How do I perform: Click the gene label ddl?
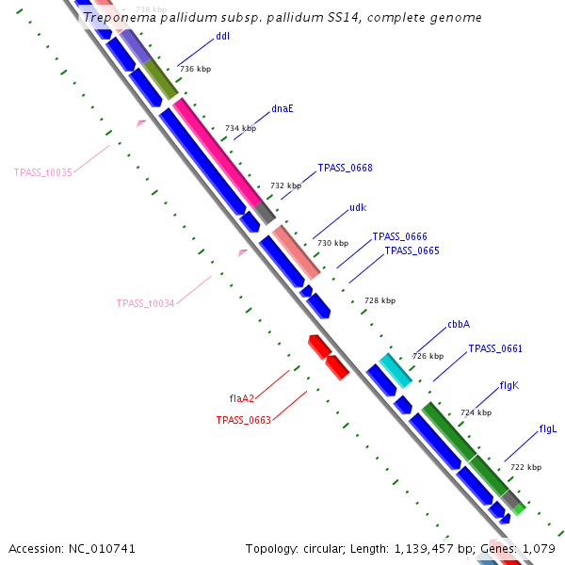click(222, 37)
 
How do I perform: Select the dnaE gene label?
click(282, 108)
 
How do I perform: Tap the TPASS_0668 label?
click(345, 169)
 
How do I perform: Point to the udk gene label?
click(358, 208)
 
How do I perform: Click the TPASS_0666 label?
click(399, 237)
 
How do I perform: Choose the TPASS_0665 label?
click(412, 250)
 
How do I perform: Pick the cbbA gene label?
click(459, 324)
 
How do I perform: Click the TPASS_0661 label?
click(495, 349)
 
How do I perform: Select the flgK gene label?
click(508, 386)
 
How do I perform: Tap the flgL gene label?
click(548, 429)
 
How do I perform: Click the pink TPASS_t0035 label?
click(43, 173)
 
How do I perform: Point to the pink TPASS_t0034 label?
click(145, 303)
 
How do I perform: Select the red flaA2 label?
click(242, 398)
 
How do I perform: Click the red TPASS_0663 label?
click(243, 420)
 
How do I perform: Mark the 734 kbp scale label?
click(240, 128)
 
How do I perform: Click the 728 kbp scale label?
click(379, 300)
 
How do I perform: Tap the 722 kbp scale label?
click(525, 467)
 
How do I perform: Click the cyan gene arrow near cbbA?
click(395, 370)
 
